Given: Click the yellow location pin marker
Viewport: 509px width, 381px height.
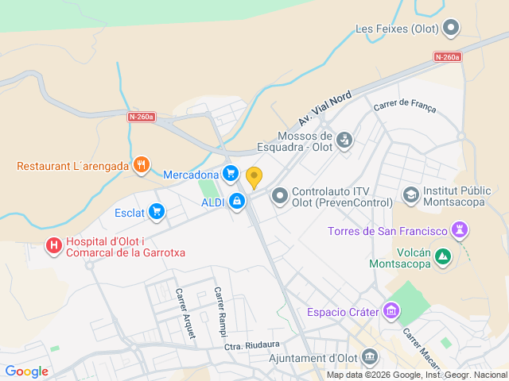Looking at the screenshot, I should pos(254,177).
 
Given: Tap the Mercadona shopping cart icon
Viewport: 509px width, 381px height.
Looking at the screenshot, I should pos(231,173).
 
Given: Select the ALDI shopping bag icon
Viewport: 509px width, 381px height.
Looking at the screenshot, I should pos(236,202).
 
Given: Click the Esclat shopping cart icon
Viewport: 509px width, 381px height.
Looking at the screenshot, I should pos(156,211).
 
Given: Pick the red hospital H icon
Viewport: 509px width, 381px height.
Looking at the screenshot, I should pos(54,246).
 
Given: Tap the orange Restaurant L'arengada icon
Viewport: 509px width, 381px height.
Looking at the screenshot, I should pos(141,165).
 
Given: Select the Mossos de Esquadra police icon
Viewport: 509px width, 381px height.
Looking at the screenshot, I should pos(344,140).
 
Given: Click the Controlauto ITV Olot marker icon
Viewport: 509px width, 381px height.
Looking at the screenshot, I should pos(280,194).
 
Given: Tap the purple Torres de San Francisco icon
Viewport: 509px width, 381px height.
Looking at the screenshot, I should pos(459,231).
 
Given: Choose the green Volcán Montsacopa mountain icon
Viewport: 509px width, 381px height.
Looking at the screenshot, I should pos(442,256).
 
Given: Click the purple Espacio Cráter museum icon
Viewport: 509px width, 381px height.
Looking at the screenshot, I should pos(391,310).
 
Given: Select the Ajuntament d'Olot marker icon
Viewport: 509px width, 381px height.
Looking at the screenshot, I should pos(371,357).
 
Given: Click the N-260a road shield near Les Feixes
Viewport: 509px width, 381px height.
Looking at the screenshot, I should pos(448,56).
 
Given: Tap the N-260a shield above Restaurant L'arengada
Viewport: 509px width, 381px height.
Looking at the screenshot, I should pos(142,117).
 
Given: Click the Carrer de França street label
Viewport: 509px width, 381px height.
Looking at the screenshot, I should pos(404,104).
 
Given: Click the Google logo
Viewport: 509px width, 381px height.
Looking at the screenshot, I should pos(26,371).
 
